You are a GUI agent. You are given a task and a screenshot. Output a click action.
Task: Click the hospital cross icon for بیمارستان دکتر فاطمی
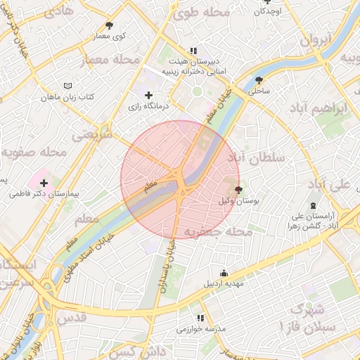tap(44, 183)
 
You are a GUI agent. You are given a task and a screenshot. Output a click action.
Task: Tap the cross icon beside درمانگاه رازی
tap(148, 95)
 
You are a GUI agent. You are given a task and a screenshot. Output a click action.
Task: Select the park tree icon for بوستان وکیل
tap(238, 190)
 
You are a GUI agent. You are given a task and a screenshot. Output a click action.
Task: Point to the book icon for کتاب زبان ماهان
tap(67, 86)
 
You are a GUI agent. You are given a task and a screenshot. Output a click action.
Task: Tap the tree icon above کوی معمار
tap(108, 25)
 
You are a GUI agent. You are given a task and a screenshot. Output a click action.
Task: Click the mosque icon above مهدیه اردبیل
tap(224, 274)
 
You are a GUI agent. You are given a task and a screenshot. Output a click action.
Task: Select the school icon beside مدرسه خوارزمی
tap(200, 319)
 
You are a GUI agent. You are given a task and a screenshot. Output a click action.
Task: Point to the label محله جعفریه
tap(218, 231)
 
